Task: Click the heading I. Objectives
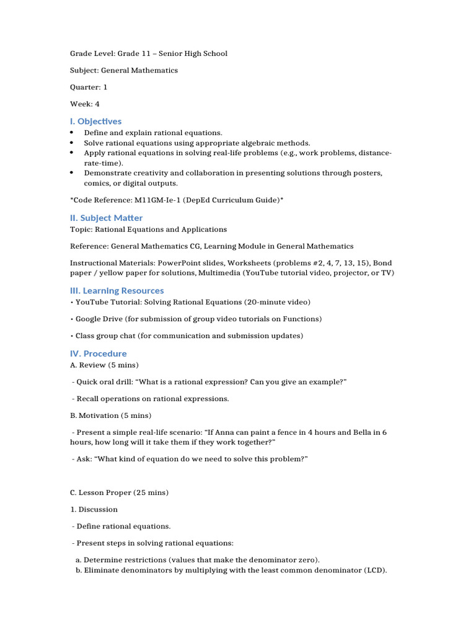pos(95,122)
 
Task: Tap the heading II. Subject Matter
pos(106,218)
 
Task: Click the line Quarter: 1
pos(89,87)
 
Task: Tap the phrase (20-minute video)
pos(277,302)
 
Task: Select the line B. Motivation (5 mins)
pos(110,415)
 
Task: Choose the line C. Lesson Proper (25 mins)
pos(119,493)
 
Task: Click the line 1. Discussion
pos(94,510)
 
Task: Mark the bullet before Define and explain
pos(72,133)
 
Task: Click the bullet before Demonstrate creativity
pos(72,173)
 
